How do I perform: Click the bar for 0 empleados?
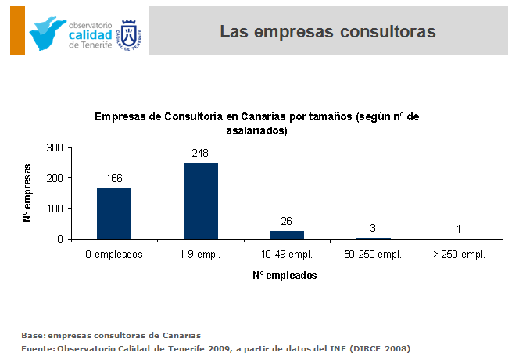click(114, 213)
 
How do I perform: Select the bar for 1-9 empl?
click(201, 201)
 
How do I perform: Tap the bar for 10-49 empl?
click(287, 235)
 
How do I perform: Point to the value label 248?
click(200, 153)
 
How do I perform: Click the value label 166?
click(114, 179)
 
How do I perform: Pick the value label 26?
click(287, 222)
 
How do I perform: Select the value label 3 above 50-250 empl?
click(373, 228)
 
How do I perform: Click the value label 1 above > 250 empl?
click(459, 229)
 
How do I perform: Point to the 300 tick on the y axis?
click(55, 147)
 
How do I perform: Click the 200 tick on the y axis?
click(55, 178)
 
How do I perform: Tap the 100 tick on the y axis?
click(55, 209)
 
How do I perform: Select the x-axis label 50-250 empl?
click(372, 254)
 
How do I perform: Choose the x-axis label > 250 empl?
click(459, 254)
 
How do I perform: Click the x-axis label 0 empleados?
click(114, 254)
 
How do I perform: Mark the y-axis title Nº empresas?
click(28, 193)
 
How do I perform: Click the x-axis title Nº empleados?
click(285, 276)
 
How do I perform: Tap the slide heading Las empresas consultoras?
click(328, 31)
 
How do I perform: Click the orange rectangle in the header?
click(17, 30)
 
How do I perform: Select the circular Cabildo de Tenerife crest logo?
click(130, 31)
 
